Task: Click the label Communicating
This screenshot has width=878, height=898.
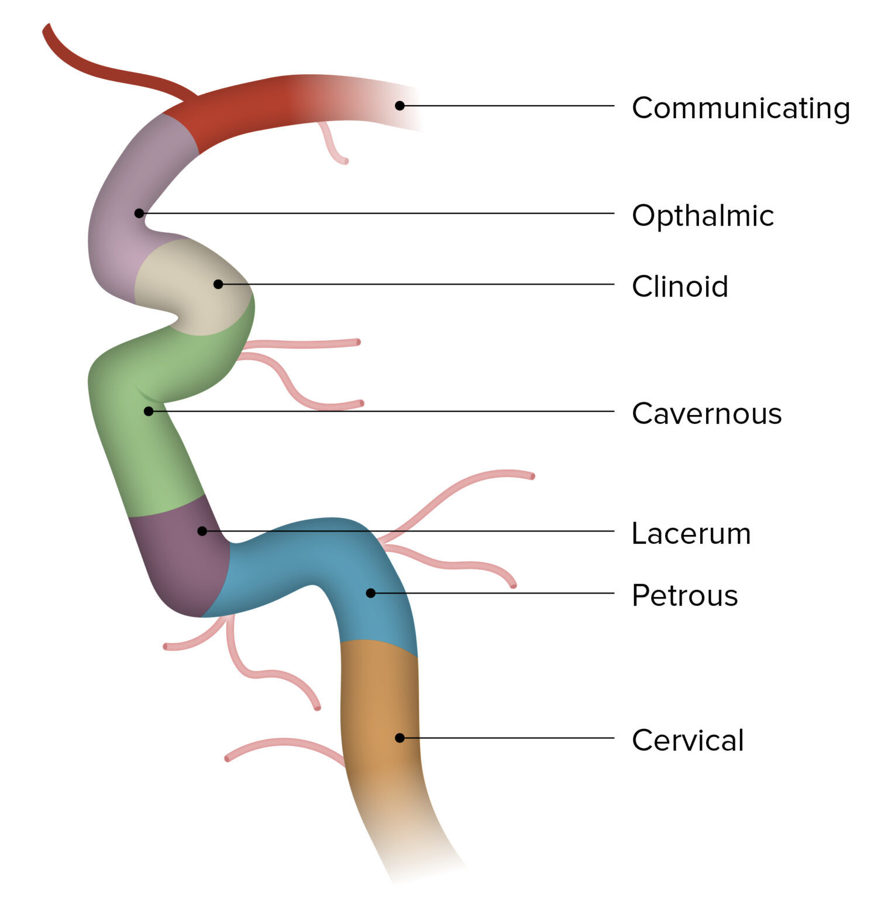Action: [x=741, y=108]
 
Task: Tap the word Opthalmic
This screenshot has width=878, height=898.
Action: [x=703, y=216]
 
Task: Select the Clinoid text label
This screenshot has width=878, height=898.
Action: [x=680, y=286]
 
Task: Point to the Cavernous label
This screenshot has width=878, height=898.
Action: [x=707, y=414]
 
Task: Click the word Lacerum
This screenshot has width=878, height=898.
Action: [x=691, y=534]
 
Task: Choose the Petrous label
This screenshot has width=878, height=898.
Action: [x=684, y=596]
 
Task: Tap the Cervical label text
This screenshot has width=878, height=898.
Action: [x=687, y=740]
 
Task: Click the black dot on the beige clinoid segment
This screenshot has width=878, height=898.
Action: [x=218, y=284]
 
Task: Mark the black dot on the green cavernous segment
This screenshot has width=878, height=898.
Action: [x=149, y=412]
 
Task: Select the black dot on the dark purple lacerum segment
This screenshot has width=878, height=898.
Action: [x=202, y=531]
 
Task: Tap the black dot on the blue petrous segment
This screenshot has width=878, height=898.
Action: [x=370, y=593]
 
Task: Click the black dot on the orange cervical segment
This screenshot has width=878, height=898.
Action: [x=400, y=738]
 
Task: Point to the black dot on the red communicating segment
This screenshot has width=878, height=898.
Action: [x=400, y=106]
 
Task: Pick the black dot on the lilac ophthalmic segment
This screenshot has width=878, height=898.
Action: [x=139, y=213]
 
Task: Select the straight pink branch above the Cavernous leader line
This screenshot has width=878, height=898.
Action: [x=304, y=344]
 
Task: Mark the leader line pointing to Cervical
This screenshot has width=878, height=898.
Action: [x=509, y=738]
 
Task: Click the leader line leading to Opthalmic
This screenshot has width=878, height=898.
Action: [x=380, y=213]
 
